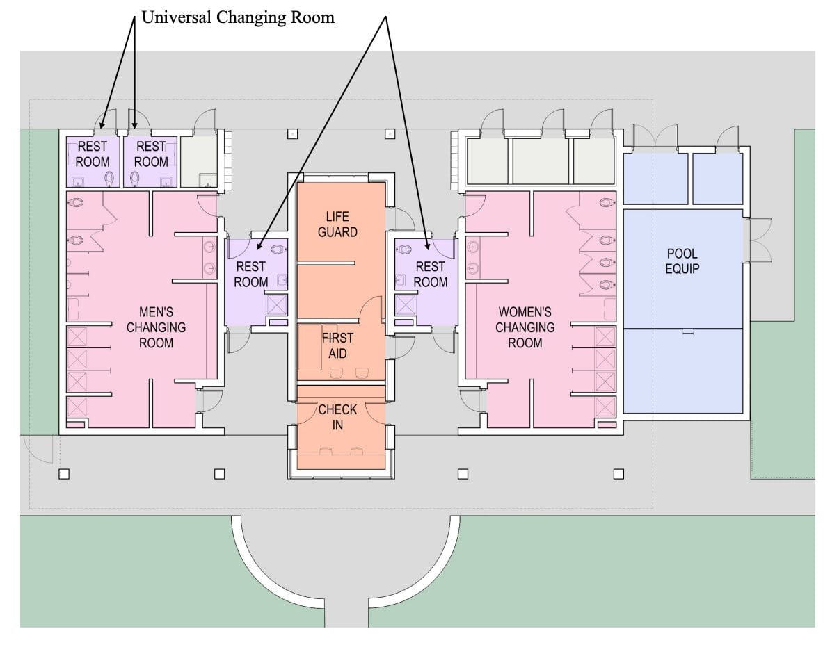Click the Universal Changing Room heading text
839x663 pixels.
click(x=238, y=17)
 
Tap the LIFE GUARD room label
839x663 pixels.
click(x=337, y=224)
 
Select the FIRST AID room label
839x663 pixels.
click(x=337, y=345)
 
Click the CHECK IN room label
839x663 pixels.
click(x=337, y=416)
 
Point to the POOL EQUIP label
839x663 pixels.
click(x=682, y=261)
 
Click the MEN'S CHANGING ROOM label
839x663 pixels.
click(x=156, y=327)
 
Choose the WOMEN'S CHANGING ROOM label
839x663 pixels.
click(x=525, y=327)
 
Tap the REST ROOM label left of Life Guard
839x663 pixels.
click(x=250, y=274)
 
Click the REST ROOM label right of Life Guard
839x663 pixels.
click(x=431, y=274)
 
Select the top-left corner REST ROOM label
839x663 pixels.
click(x=93, y=154)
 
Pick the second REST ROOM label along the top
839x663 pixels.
click(x=151, y=154)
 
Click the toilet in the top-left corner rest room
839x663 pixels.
click(x=109, y=179)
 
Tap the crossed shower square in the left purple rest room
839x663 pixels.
click(x=277, y=305)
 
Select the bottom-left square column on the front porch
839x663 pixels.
click(x=64, y=474)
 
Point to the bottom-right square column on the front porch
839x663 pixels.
click(x=618, y=474)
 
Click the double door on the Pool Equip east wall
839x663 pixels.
click(x=758, y=239)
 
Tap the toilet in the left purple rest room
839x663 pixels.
click(x=280, y=246)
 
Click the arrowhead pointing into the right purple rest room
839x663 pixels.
click(x=426, y=245)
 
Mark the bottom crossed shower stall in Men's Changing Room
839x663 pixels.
click(x=77, y=407)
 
